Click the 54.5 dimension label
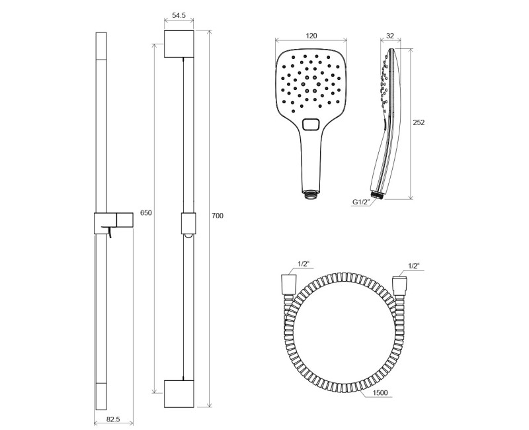tap(179, 15)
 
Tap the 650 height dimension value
tap(146, 213)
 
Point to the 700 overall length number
tap(218, 216)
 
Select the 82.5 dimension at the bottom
tap(113, 419)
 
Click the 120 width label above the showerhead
tap(311, 36)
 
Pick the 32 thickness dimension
tap(390, 36)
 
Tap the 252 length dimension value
tap(419, 122)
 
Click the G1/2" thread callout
tap(362, 202)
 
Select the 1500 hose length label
tap(380, 392)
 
